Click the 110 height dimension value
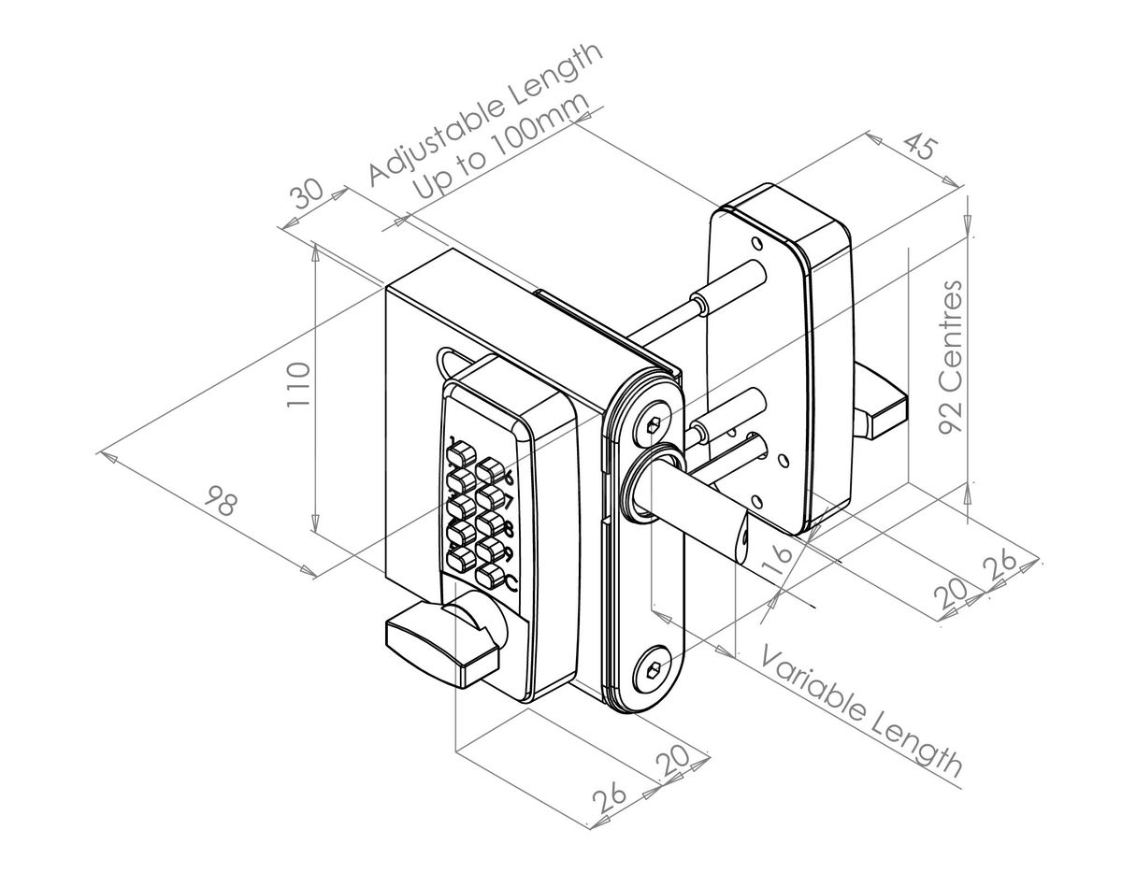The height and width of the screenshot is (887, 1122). coord(297,383)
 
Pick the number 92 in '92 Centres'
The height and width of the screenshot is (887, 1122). coord(950,413)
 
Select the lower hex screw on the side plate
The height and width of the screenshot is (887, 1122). coord(652,670)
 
